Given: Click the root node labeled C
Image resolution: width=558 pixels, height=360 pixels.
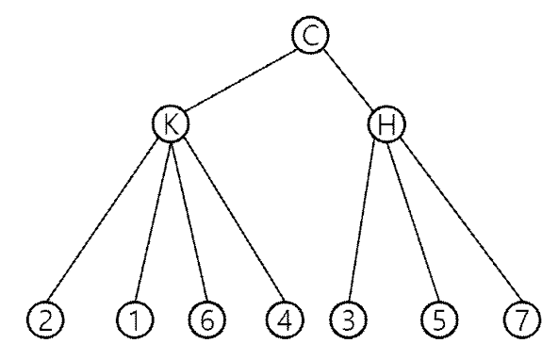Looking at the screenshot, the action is pos(311,35).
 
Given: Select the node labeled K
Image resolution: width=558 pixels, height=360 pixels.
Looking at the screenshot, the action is pos(171,123).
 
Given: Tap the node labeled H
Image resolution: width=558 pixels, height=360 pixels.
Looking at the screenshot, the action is pos(386,123).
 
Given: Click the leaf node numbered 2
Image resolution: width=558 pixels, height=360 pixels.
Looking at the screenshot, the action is pos(45,319).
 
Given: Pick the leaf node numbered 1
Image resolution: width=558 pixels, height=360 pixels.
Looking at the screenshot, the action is pos(135,319).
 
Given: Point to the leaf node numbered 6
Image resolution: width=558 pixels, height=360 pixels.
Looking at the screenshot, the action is pos(207,319).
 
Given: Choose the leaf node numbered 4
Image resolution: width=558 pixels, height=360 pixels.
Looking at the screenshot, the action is pos(285,319).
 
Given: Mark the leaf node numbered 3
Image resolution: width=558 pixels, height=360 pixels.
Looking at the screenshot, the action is pos(348,319).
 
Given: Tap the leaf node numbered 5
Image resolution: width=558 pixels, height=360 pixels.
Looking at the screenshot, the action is pos(439,319).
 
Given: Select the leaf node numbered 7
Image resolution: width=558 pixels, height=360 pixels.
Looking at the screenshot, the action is pos(522,319).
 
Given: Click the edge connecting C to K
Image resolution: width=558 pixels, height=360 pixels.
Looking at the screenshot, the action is pos(241,79).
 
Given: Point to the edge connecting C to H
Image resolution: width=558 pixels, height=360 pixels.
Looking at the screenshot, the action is pos(349,79).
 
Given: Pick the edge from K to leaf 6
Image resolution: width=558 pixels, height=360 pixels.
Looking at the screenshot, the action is pos(189,221).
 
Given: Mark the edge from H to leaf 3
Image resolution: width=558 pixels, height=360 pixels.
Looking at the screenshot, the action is pos(362,221).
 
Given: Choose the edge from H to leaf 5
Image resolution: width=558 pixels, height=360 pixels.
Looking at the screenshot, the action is pos(413,221).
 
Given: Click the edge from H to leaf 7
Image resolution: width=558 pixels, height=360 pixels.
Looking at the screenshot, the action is pos(461,220).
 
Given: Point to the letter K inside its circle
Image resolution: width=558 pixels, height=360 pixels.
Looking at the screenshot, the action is pos(172,124).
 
